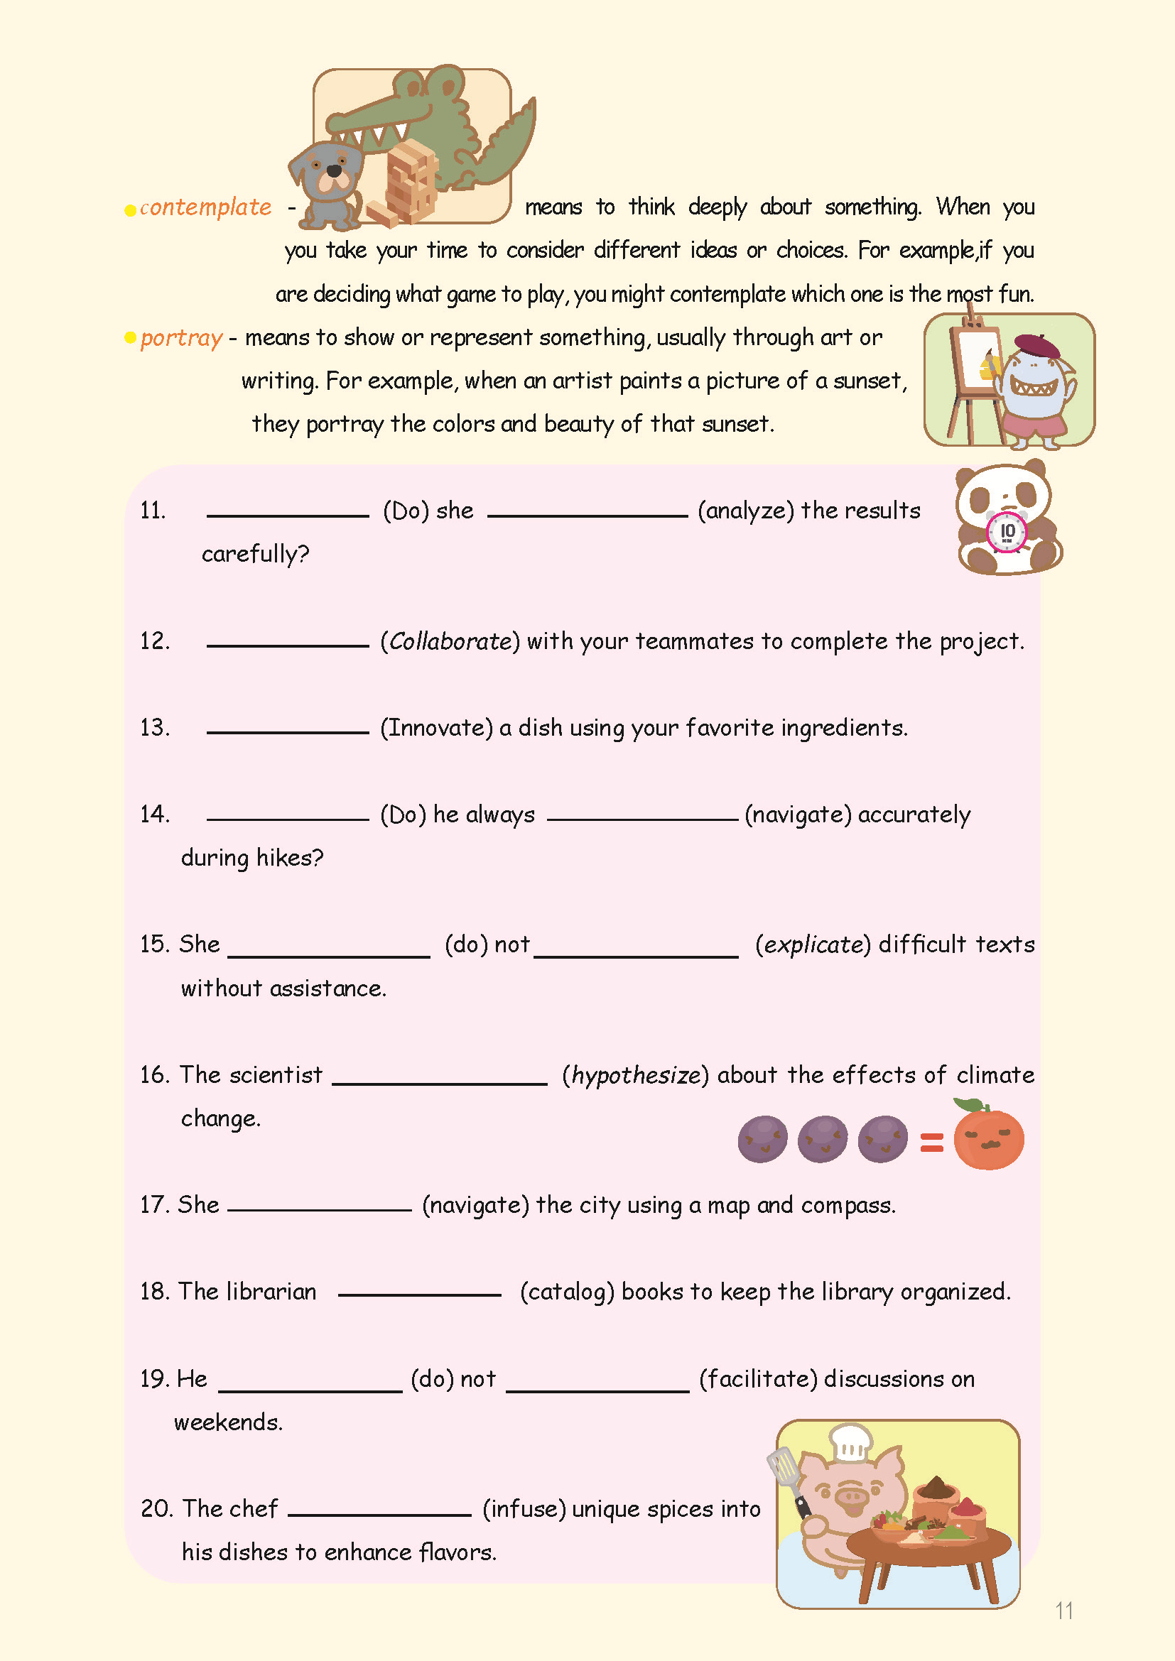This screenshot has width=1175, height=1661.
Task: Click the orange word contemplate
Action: click(x=205, y=207)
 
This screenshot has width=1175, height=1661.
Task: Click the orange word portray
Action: click(x=182, y=338)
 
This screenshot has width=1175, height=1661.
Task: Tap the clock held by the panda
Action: click(x=1007, y=533)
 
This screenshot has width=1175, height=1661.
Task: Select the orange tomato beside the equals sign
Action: click(x=988, y=1138)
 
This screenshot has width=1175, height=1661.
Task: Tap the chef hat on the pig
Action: click(x=851, y=1443)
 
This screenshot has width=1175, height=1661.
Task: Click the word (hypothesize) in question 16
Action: click(x=635, y=1076)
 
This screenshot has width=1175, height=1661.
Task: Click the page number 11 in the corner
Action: click(x=1063, y=1611)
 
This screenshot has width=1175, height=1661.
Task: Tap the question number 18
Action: click(x=154, y=1292)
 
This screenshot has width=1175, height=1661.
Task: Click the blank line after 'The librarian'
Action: click(x=419, y=1295)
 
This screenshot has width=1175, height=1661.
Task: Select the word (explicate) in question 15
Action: click(x=813, y=944)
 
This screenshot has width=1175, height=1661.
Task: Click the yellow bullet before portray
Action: click(x=130, y=338)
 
